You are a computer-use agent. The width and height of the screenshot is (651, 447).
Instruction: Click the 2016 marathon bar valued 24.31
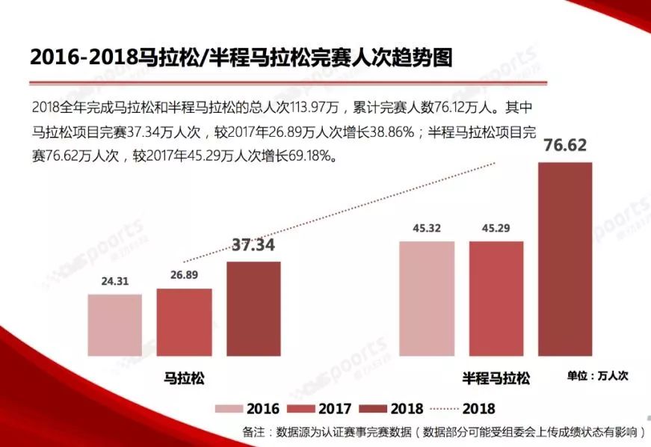coord(114,324)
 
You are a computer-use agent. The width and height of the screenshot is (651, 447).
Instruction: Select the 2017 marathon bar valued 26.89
coord(184,321)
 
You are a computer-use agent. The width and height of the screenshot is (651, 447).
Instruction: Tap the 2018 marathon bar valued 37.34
coord(253,308)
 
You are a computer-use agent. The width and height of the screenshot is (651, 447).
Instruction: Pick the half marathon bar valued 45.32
coord(427,298)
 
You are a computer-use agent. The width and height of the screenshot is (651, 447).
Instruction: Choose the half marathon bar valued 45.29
coord(496,298)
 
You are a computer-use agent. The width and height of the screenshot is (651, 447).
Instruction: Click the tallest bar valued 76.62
coord(565,258)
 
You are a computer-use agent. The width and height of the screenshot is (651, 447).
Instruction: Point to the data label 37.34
coord(253,245)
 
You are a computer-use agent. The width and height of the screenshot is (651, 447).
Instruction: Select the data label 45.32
coord(427,229)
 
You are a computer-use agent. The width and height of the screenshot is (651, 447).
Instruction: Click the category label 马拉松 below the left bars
coord(184,377)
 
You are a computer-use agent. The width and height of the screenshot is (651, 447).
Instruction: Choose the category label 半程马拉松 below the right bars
coord(496,378)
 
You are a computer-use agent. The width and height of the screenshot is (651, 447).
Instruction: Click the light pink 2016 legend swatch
coord(229,409)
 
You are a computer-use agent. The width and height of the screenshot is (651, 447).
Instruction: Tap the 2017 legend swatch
coord(301,409)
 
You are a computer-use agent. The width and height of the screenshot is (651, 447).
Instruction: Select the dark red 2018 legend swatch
coord(373,409)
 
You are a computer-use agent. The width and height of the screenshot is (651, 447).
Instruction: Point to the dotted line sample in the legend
coord(444,409)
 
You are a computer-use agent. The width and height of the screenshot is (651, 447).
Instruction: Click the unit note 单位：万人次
coord(597,376)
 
